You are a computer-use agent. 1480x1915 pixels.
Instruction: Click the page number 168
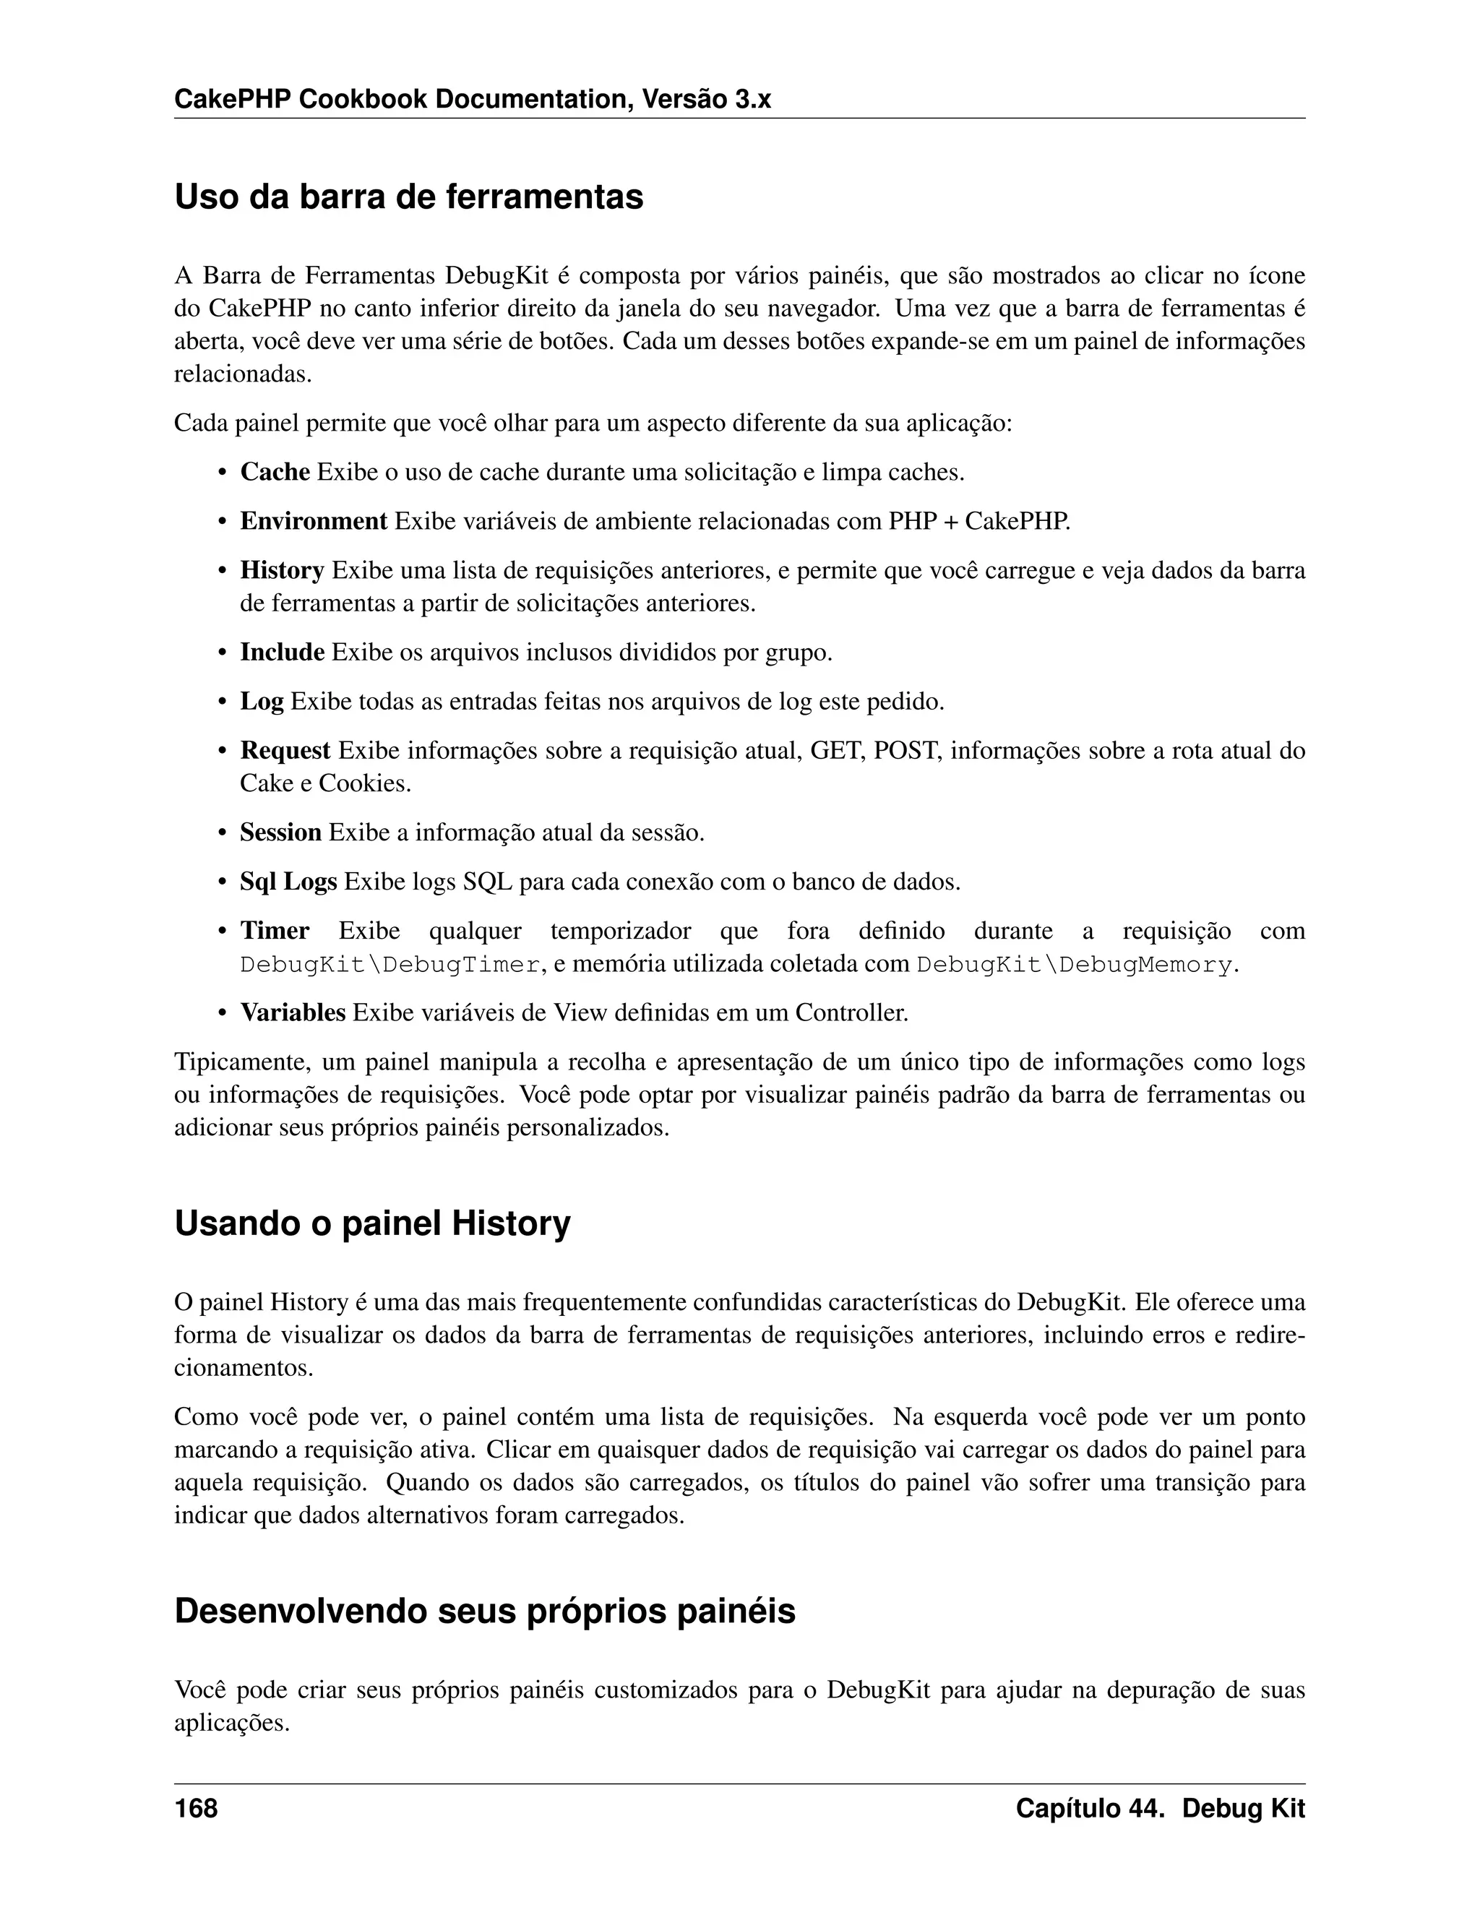tap(196, 1808)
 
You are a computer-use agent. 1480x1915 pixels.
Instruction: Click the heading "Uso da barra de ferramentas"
tap(408, 197)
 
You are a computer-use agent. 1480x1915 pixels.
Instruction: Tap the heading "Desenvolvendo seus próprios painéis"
tap(484, 1611)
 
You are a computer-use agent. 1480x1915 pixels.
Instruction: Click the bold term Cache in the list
tap(275, 473)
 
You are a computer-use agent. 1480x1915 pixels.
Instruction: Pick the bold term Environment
tap(313, 522)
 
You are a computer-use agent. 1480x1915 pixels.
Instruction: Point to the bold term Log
tap(262, 702)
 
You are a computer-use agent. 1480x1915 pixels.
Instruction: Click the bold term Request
tap(285, 751)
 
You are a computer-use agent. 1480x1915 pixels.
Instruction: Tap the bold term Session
tap(280, 832)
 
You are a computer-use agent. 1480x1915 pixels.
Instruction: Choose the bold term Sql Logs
tap(288, 881)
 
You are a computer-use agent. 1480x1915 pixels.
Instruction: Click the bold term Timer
tap(275, 930)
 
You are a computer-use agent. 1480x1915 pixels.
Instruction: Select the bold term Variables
tap(293, 1012)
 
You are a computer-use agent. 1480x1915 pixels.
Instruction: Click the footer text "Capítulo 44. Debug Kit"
tap(1160, 1808)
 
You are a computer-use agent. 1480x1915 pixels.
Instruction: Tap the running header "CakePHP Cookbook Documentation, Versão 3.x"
tap(472, 100)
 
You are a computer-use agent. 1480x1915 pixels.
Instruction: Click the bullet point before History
tap(223, 572)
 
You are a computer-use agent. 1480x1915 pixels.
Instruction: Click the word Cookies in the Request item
tap(364, 783)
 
